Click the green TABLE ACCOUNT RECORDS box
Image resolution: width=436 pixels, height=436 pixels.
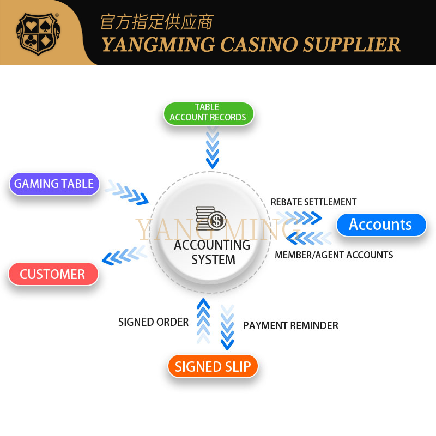click(x=208, y=112)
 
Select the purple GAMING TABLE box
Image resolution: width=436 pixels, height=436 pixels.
click(x=54, y=184)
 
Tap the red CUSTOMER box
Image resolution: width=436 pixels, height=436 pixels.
click(x=53, y=274)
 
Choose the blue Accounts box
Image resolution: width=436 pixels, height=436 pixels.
click(x=380, y=225)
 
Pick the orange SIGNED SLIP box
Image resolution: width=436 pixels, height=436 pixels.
click(x=213, y=366)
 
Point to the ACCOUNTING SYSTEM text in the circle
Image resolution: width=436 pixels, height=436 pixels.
click(x=213, y=252)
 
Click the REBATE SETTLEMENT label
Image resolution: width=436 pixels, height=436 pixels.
click(x=313, y=202)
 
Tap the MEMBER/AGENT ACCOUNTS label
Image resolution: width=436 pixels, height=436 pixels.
click(x=334, y=255)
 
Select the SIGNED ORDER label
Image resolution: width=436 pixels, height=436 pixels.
click(x=153, y=322)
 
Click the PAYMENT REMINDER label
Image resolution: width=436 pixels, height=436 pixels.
click(x=290, y=325)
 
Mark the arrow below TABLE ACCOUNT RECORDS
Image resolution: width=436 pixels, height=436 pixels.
click(x=212, y=148)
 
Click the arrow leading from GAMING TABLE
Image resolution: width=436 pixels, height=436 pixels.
click(x=127, y=192)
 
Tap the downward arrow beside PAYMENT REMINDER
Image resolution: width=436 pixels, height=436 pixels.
click(x=227, y=327)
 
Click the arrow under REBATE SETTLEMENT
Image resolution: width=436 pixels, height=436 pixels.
click(x=300, y=219)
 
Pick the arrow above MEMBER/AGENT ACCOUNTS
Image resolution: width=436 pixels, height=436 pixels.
click(x=309, y=238)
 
